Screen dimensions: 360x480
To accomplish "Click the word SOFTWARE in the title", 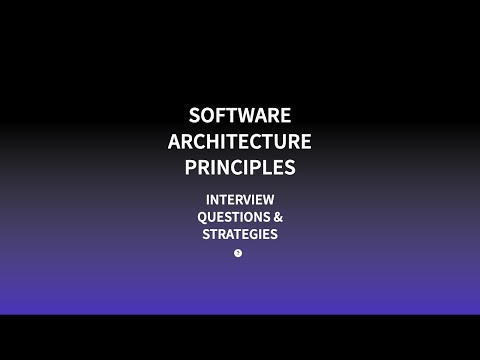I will tap(240, 115).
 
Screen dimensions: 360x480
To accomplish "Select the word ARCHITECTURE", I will tap(240, 140).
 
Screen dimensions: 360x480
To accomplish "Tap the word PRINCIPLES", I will tap(240, 166).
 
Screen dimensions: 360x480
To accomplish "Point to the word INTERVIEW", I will tap(240, 199).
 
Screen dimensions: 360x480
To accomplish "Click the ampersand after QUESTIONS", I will tap(277, 217).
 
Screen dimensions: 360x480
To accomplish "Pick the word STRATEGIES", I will tap(240, 235).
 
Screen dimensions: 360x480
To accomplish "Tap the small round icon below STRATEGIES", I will tap(238, 253).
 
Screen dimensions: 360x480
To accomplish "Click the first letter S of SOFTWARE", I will tap(195, 115).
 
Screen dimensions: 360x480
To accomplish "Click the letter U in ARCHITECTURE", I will tap(281, 140).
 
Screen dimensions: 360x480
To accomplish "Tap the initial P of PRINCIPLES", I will tap(191, 166).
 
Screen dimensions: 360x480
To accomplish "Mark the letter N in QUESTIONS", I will tap(254, 217).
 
